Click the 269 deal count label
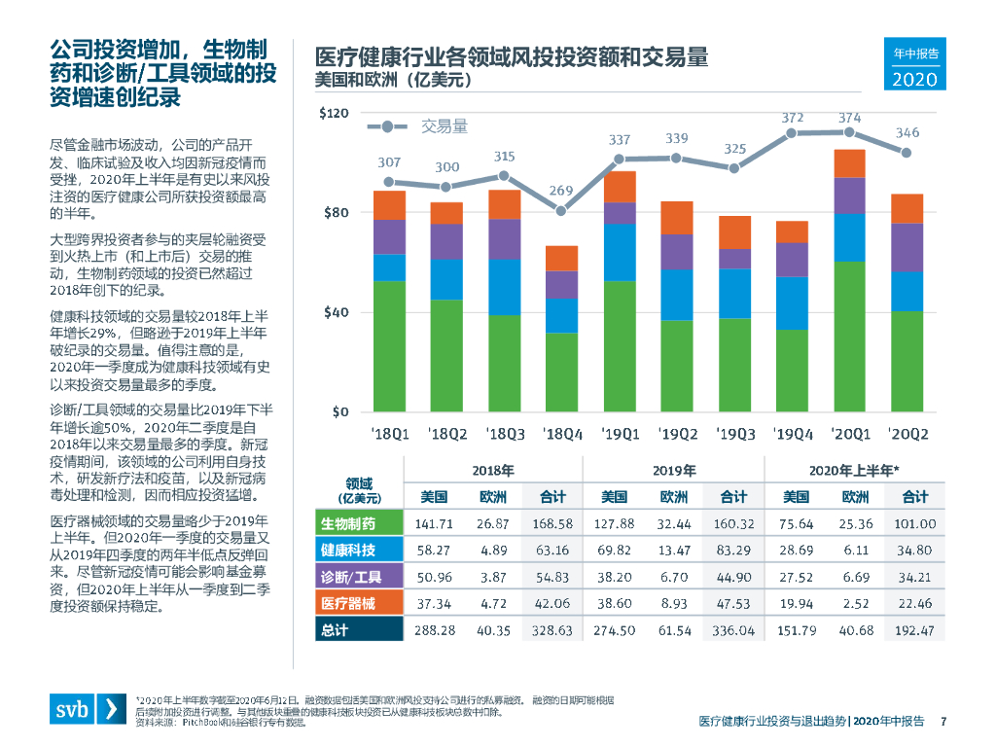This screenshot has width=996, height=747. (x=560, y=191)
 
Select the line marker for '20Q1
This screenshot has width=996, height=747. (x=849, y=131)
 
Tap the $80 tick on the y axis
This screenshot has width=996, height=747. (x=334, y=213)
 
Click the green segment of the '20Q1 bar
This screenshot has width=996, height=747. (x=849, y=336)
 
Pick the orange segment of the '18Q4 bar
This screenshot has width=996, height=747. (x=561, y=258)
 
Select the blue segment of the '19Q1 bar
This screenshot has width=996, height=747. (x=620, y=252)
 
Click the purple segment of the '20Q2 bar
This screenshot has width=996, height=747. (x=907, y=247)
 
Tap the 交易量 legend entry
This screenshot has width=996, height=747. (x=444, y=126)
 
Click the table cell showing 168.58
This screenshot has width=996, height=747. (x=552, y=523)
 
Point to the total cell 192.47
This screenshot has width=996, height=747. (x=914, y=630)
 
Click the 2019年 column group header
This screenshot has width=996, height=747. (x=673, y=470)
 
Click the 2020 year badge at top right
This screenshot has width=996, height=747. (x=914, y=79)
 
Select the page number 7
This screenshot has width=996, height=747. (x=943, y=721)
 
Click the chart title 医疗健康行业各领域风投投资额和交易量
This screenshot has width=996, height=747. (x=510, y=56)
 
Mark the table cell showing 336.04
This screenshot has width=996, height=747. (x=733, y=630)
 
